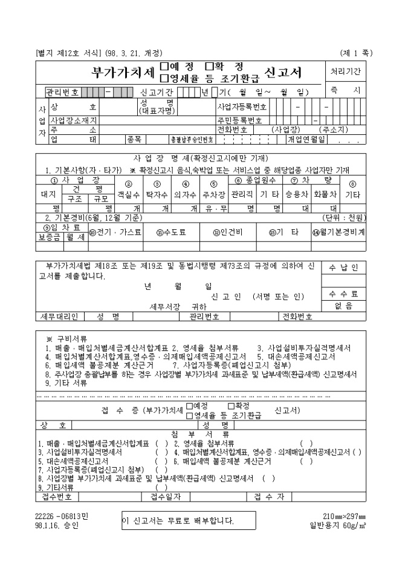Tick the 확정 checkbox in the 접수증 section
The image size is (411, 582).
click(231, 406)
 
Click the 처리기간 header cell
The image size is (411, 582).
click(345, 71)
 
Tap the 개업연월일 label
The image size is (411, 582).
click(309, 139)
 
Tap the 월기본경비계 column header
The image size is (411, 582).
click(338, 231)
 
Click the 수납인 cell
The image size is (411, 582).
click(343, 267)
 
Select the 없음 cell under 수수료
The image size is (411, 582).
click(343, 306)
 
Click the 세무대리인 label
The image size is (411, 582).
click(59, 316)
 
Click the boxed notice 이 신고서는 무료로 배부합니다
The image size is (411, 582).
click(178, 520)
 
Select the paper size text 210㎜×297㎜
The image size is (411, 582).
click(345, 515)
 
